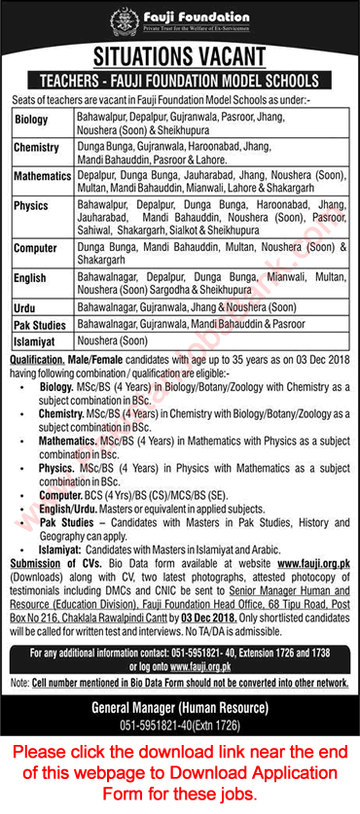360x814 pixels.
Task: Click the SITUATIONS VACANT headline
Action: coord(181,53)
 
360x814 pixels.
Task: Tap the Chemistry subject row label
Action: coord(38,148)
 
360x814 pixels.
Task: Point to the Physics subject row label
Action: coord(32,207)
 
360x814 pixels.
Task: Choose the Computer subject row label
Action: coord(36,248)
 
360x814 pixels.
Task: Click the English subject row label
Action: coord(32,278)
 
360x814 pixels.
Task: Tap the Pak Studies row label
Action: coord(39,322)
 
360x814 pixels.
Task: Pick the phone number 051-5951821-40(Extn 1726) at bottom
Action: coord(181,709)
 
